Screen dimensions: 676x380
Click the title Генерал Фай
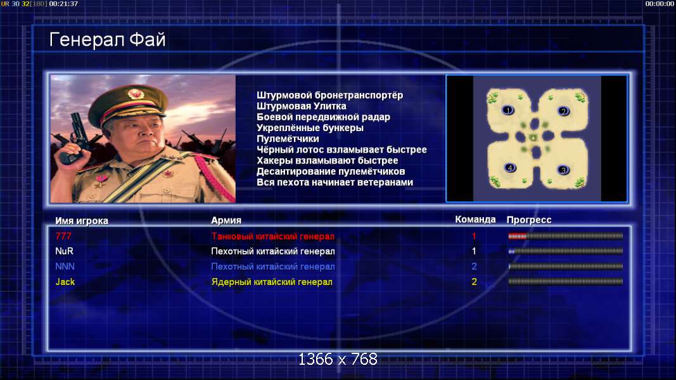tap(107, 40)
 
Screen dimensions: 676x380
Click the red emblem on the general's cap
tap(136, 94)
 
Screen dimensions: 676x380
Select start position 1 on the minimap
tap(508, 110)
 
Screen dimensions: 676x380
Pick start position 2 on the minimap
tap(563, 111)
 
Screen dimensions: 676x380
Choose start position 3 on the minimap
tap(563, 170)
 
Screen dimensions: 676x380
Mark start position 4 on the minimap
tap(509, 168)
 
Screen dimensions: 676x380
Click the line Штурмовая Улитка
tap(302, 106)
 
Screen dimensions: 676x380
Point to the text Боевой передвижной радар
tap(323, 117)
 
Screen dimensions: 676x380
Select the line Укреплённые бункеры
tap(310, 128)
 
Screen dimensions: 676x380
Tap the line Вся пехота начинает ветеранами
tap(335, 182)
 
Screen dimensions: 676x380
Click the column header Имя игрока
tap(82, 220)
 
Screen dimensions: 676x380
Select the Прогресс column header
tap(529, 220)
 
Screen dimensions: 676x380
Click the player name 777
tap(63, 236)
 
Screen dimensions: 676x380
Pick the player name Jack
tap(65, 282)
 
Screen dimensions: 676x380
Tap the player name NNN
tap(65, 267)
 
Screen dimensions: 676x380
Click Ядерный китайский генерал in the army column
tap(272, 282)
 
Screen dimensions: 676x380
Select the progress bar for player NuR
tap(566, 251)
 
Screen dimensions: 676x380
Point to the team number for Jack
tap(475, 282)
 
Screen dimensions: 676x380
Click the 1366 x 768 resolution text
tap(338, 359)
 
